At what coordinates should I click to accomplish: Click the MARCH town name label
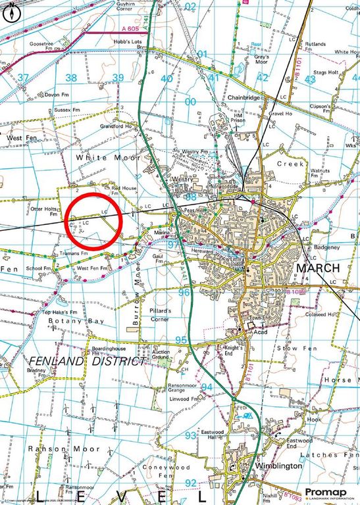coord(319,268)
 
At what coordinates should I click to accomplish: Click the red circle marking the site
coord(95,220)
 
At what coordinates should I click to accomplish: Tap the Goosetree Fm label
coord(42,43)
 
